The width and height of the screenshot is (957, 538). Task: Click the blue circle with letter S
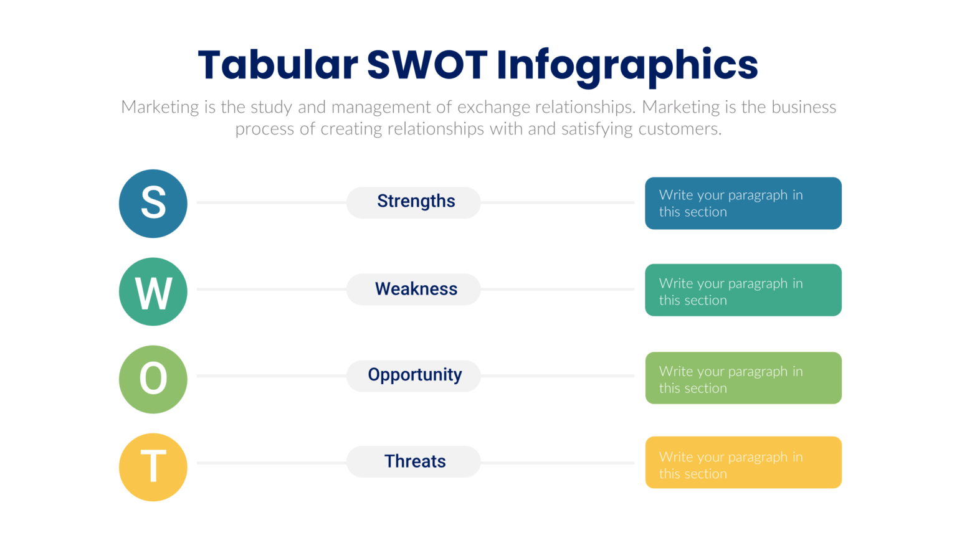(153, 204)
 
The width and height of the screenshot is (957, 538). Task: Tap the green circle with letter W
(153, 291)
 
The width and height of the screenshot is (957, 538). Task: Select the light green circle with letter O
(153, 379)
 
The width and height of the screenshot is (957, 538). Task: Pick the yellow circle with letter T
(153, 467)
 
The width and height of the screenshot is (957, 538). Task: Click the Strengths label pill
(414, 202)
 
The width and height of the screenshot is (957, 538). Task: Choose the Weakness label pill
(414, 289)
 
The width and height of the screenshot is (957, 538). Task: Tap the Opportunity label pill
(414, 375)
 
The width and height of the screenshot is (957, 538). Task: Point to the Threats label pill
(414, 461)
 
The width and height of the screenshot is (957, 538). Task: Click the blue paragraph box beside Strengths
(743, 204)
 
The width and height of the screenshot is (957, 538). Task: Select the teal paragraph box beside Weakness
(743, 290)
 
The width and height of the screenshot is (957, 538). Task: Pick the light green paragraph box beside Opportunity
(743, 378)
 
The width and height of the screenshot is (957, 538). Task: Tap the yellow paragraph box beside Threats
(743, 462)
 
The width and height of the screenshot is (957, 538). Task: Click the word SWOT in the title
(427, 65)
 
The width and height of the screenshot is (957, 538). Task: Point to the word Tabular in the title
(278, 65)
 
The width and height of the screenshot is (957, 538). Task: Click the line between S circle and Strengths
(271, 202)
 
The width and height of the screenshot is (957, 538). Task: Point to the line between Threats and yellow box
(558, 463)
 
